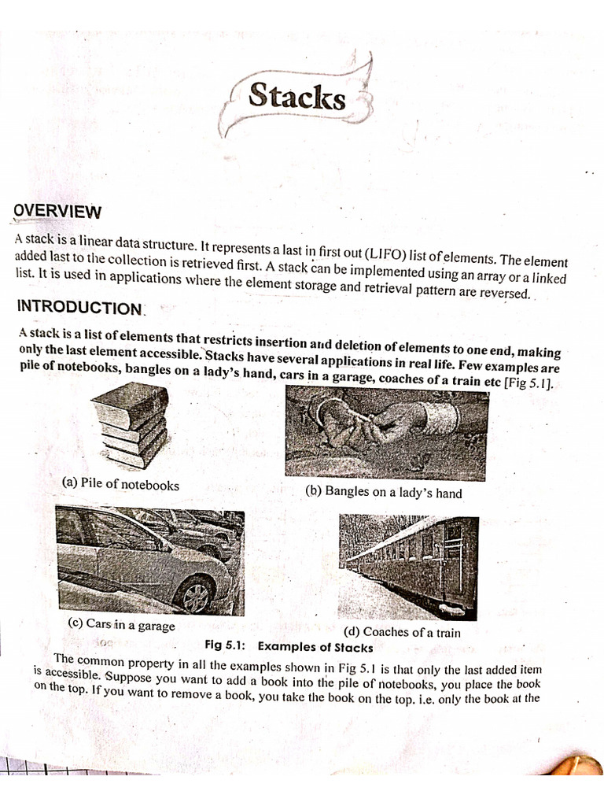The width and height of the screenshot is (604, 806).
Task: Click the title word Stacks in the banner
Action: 296,97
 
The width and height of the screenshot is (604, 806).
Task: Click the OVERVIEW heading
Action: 58,211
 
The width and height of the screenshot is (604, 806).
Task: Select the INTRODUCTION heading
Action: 78,306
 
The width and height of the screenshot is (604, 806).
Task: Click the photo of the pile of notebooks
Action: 131,426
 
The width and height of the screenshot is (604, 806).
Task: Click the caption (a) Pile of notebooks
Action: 120,484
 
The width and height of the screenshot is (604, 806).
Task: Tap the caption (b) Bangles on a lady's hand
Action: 383,494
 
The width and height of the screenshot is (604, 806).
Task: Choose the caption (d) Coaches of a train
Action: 403,632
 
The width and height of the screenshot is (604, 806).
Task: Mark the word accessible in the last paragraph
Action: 68,675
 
